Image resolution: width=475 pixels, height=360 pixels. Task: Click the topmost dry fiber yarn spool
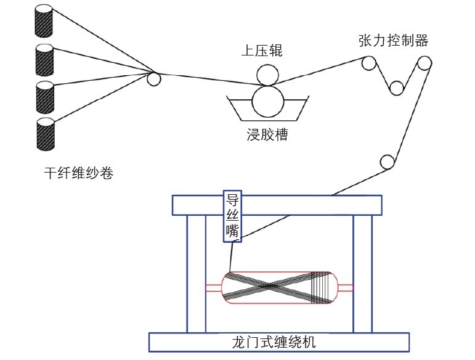(x=44, y=22)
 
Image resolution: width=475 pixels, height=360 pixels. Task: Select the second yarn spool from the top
(x=44, y=60)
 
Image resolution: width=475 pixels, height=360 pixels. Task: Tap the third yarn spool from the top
(x=44, y=96)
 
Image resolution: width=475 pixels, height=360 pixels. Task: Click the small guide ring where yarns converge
(x=153, y=78)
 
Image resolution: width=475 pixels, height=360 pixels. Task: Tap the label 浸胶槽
(x=267, y=134)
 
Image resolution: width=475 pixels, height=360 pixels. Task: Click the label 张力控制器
(x=392, y=41)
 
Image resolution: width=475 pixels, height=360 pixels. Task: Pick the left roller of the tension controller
(x=368, y=63)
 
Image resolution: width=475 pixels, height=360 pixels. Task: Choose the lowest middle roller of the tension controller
(x=396, y=88)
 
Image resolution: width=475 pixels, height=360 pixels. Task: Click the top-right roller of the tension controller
(x=424, y=63)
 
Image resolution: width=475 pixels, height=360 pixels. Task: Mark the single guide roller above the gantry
(x=386, y=162)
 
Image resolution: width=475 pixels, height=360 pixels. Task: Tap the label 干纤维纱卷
(x=79, y=174)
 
